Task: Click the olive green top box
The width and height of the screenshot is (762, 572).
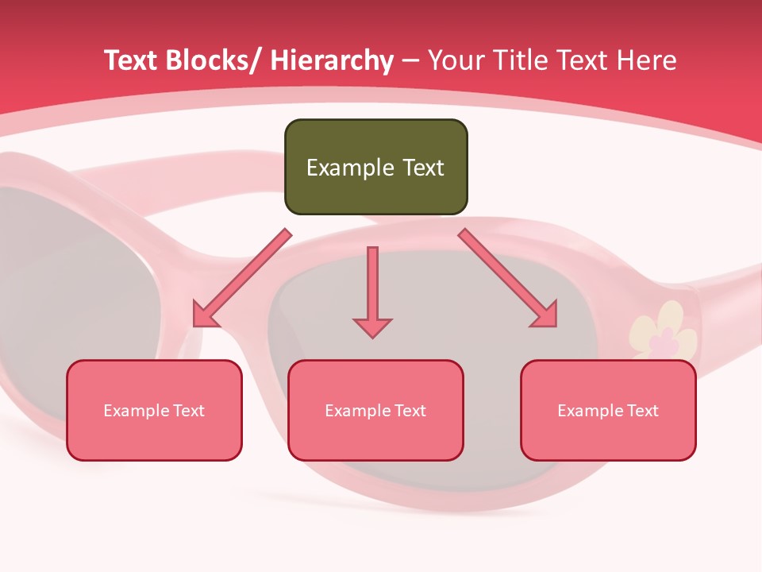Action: pos(375,167)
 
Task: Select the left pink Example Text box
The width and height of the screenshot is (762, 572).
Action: pos(154,410)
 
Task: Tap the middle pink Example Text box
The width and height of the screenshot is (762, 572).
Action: pos(375,410)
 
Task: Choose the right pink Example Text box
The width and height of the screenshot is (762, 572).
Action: pos(608,410)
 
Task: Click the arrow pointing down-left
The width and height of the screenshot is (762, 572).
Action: pos(242,279)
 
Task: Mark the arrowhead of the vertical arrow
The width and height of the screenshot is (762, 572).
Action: pos(372,327)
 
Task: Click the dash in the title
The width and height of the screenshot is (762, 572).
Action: pos(410,62)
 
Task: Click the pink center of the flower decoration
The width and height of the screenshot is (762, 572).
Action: pos(660,344)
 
